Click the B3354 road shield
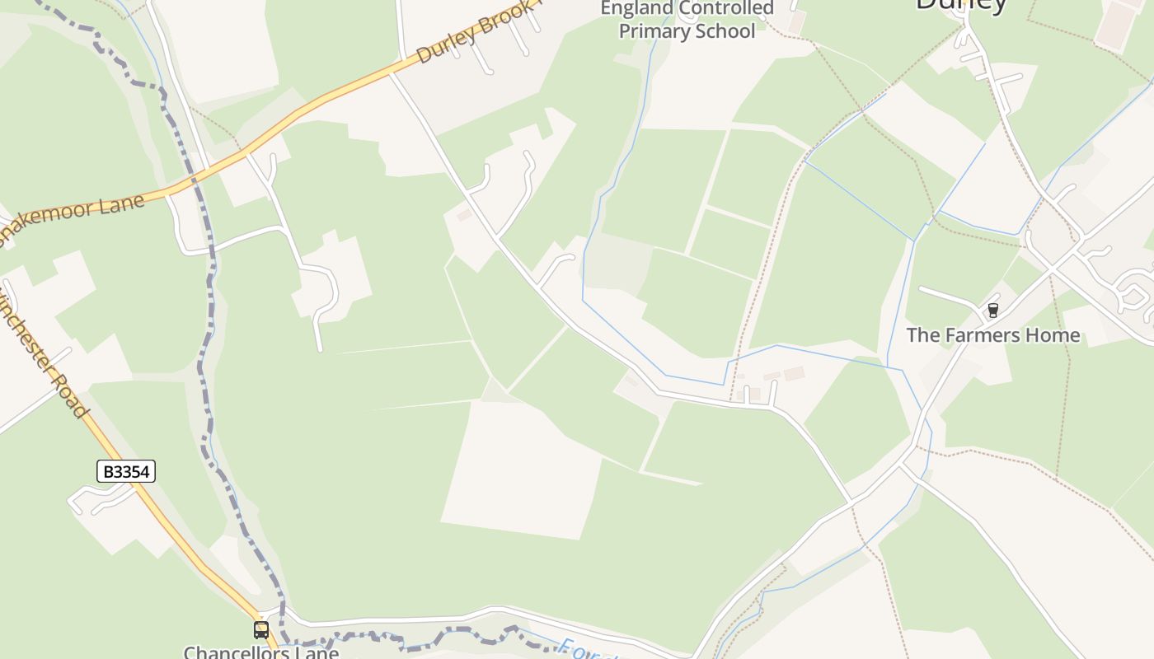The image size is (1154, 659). pos(126,471)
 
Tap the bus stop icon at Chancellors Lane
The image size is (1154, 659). pos(261,630)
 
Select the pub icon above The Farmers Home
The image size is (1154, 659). pos(993,311)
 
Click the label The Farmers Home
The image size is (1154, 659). pos(993,335)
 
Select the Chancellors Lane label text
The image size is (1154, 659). pos(260,652)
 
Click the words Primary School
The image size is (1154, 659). pos(687,31)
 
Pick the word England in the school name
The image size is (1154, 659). pos(636,9)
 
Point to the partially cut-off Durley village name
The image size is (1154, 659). pos(961,5)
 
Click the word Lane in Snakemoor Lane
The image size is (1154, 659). pos(120,205)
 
